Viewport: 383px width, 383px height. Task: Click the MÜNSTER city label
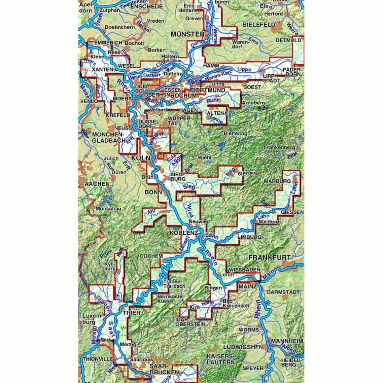click(x=187, y=35)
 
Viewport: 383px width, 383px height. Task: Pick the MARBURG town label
click(x=277, y=181)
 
